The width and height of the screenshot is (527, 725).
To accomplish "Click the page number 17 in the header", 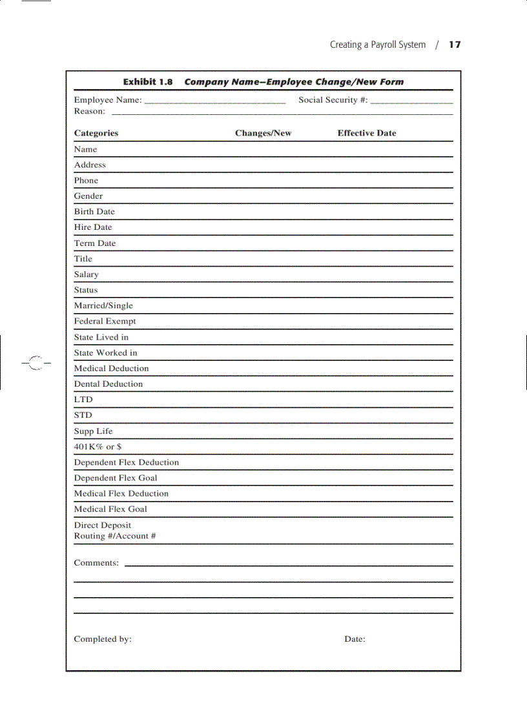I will click(455, 45).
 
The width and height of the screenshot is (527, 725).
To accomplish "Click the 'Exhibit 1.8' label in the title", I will click(148, 82).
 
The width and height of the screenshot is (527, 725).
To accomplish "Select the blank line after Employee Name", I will click(214, 102).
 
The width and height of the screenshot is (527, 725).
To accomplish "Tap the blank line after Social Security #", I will click(411, 102).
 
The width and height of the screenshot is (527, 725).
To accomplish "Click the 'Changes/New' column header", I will click(263, 133).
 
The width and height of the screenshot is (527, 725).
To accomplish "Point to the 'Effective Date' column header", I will click(366, 133).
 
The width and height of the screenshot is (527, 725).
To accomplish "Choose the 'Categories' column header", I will click(96, 133).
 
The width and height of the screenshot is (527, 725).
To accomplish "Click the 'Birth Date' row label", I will click(94, 212).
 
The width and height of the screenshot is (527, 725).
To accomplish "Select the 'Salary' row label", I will click(86, 274).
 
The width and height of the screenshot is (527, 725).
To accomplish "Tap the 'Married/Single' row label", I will click(103, 305).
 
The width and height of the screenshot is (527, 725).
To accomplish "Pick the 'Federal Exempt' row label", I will click(105, 321).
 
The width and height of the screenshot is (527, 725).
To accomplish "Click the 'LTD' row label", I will click(83, 400).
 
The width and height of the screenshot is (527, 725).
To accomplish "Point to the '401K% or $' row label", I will click(98, 447).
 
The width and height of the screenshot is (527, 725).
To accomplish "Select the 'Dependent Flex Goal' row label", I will click(116, 478).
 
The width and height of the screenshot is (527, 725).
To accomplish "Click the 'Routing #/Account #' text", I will click(115, 536).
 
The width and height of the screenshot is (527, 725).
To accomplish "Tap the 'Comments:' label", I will click(96, 563).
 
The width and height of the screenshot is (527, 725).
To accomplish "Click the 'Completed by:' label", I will click(103, 639).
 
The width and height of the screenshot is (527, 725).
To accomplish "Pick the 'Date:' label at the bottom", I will click(355, 639).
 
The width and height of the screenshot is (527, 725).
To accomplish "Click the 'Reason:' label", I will click(89, 111).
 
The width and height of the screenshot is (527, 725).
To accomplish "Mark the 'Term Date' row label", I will click(95, 243).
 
